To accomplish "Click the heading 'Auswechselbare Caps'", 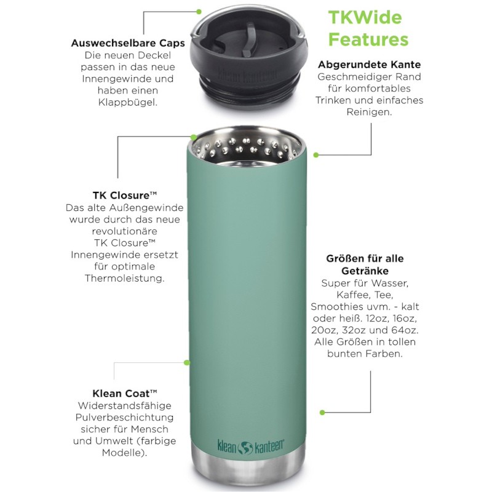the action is pos(128,43).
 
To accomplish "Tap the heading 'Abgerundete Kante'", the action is pos(370,65).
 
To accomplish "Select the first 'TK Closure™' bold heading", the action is pos(125,195).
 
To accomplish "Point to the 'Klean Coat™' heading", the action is pos(125,393).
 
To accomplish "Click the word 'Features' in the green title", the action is pos(368,39).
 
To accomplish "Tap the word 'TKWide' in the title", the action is pos(365,17).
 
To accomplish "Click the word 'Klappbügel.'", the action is pos(128,102).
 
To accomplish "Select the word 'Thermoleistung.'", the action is pos(125,279).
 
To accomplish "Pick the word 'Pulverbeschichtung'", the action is pos(125,418).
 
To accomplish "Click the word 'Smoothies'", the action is pos(333,306).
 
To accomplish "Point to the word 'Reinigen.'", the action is pos(370,112).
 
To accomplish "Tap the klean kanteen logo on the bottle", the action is pos(251,447).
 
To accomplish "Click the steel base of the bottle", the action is pos(248,464).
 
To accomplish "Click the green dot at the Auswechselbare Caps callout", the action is pos(199,12).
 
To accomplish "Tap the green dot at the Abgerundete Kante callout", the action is pos(316,155).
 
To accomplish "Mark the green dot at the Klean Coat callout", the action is pos(187,363).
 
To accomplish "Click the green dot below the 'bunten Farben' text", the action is pos(322,412).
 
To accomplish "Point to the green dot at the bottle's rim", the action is pos(194,137).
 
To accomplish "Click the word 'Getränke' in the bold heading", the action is pos(365,271).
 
